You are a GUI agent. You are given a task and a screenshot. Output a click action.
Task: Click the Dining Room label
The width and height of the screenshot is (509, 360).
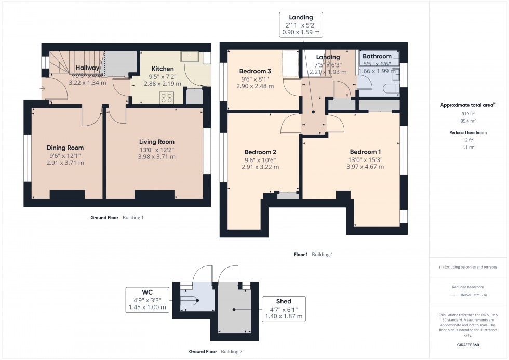pos(65,148)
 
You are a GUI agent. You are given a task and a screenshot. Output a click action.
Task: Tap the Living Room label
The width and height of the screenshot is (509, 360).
pos(156,142)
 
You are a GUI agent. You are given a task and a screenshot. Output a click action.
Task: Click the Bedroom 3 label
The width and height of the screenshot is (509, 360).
pos(255,71)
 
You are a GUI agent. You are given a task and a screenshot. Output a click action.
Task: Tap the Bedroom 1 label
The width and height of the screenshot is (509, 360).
pos(366,153)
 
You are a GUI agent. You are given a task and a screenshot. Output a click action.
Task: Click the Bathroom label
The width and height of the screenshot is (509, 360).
pos(377,56)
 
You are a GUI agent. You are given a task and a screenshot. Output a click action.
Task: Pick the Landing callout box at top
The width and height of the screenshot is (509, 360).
pos(301,24)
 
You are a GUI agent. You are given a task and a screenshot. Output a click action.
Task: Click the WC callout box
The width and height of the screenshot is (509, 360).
pos(148,299)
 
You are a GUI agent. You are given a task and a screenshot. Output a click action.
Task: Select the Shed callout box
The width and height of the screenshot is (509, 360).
pos(284,309)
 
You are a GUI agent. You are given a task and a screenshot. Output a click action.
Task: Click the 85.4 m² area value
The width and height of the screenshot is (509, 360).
pos(468,121)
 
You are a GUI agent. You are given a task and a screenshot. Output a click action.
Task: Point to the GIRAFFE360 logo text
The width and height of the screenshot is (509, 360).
pos(468,344)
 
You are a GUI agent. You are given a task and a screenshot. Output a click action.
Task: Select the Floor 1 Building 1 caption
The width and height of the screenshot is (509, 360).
pos(313,255)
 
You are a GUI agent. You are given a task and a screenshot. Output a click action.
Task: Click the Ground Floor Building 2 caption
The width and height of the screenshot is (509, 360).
pos(215,352)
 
